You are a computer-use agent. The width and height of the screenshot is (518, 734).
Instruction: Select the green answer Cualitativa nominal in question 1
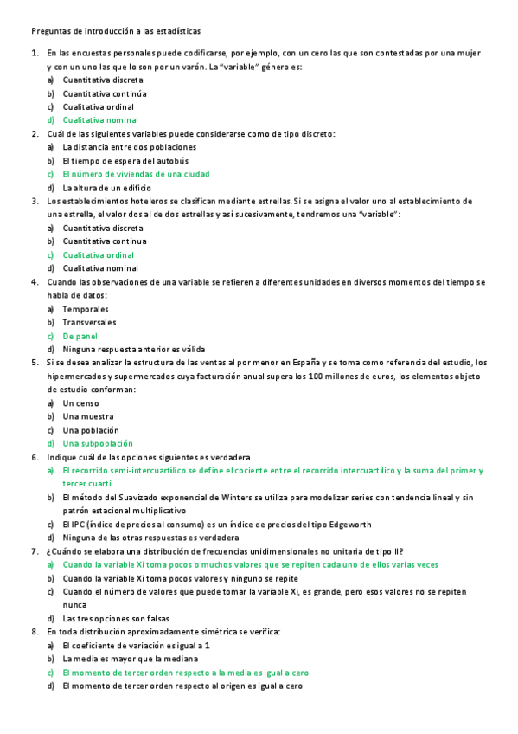tap(100, 120)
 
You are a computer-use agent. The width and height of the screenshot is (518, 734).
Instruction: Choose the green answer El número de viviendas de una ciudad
tap(136, 174)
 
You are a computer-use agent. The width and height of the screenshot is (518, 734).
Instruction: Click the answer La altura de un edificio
tap(106, 188)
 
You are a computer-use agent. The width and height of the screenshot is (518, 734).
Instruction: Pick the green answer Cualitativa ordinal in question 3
tap(98, 255)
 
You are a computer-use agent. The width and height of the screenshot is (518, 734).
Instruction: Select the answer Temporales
tap(86, 309)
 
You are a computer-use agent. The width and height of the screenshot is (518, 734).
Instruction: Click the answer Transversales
tap(89, 322)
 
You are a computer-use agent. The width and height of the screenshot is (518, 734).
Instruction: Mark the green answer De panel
tap(80, 336)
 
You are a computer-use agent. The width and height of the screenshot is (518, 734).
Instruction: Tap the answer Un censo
tap(80, 403)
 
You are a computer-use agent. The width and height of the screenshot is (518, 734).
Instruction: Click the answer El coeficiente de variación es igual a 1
tap(137, 646)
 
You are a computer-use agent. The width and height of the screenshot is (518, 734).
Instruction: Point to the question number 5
tap(35, 363)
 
